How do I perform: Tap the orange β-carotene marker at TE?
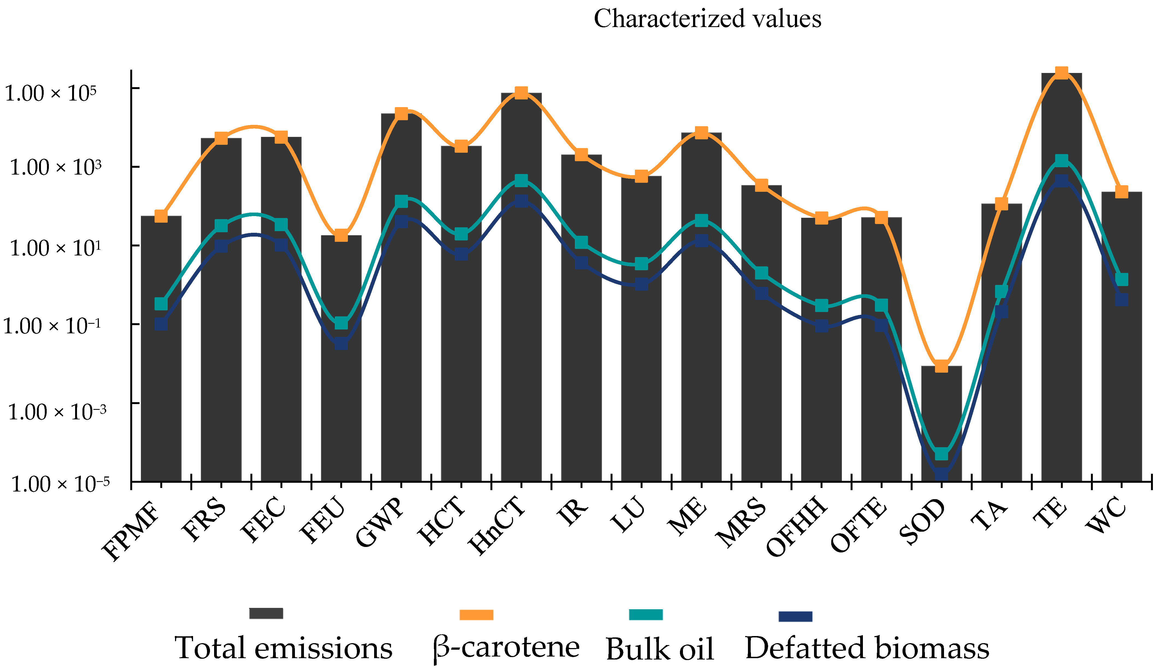click(x=1061, y=73)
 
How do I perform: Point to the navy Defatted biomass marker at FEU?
click(x=341, y=343)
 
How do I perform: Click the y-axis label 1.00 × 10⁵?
click(x=51, y=93)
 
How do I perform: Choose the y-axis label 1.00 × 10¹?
click(x=55, y=249)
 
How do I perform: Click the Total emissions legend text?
click(x=283, y=648)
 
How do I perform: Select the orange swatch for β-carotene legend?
click(x=477, y=615)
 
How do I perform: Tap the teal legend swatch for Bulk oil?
click(x=646, y=615)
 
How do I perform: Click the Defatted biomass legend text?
click(x=867, y=648)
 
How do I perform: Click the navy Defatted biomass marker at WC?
click(x=1122, y=299)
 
